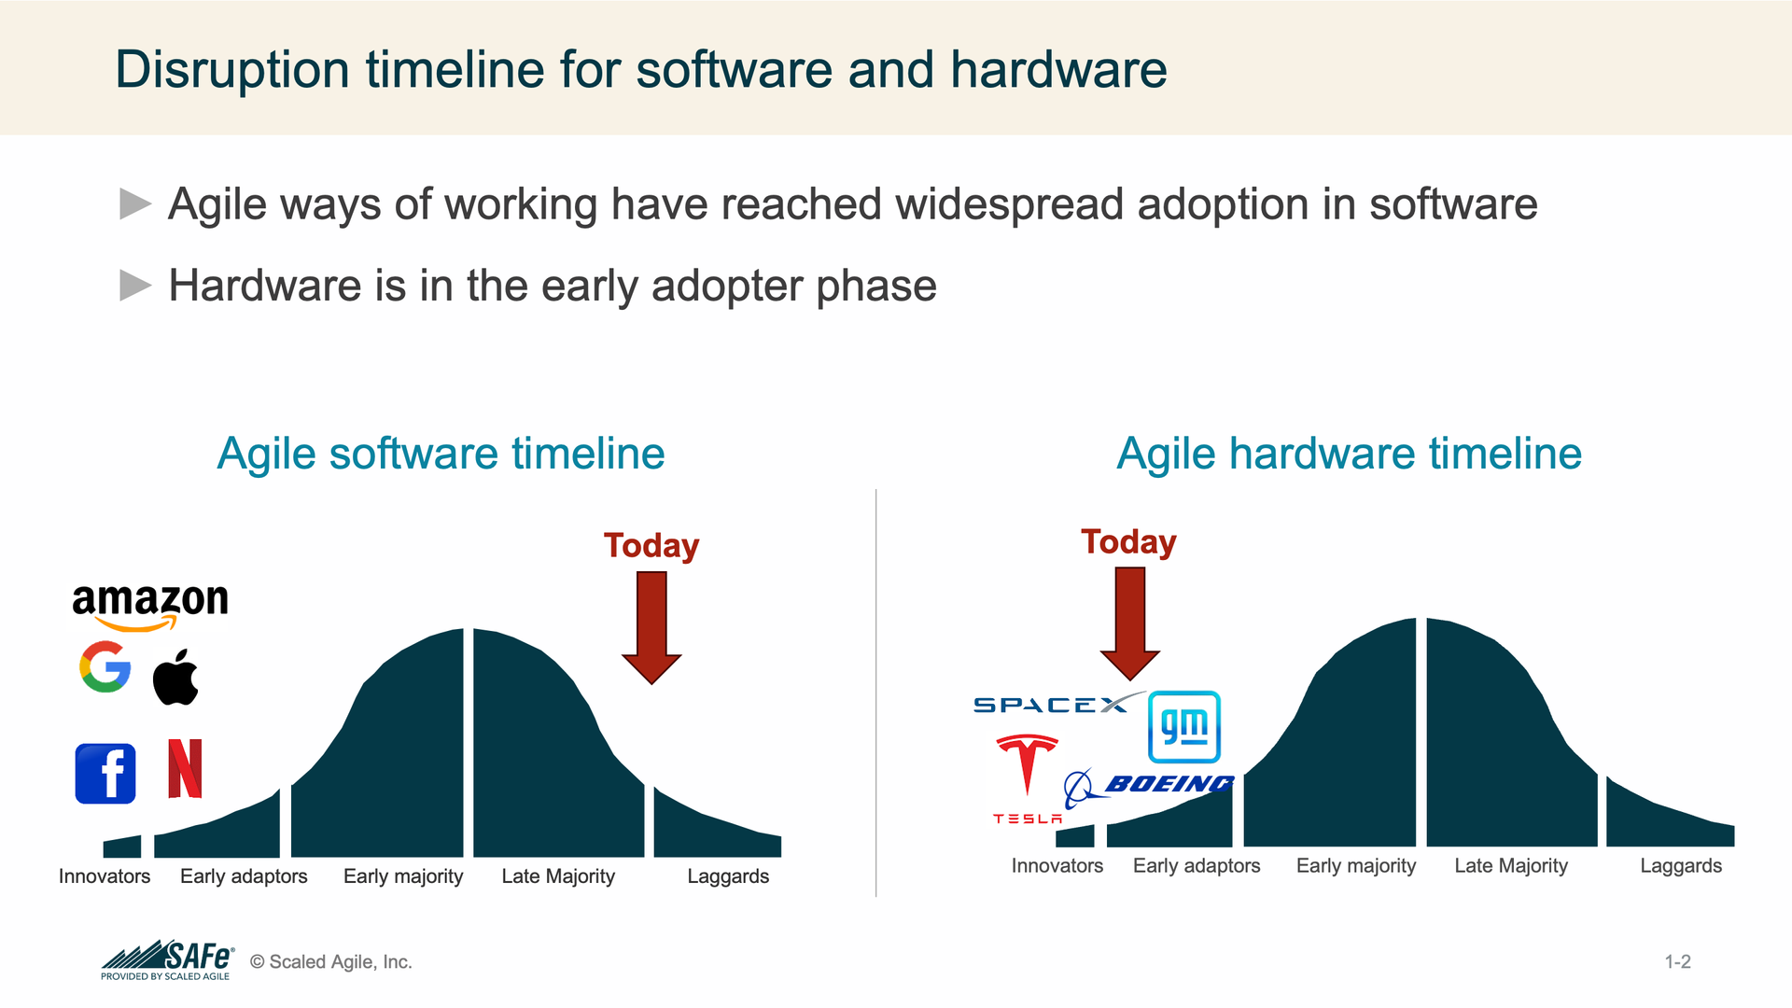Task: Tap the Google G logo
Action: tap(105, 666)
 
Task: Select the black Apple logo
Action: tap(175, 676)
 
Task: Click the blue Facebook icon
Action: tap(105, 774)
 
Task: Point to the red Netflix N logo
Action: tap(185, 768)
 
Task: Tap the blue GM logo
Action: tap(1183, 727)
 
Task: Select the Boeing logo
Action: tap(1149, 787)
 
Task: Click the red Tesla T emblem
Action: tap(1027, 765)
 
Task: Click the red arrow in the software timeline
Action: tap(651, 627)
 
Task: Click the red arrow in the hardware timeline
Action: tap(1130, 623)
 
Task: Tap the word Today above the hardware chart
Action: tap(1129, 542)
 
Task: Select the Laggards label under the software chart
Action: tap(728, 876)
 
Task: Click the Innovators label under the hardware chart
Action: tap(1057, 866)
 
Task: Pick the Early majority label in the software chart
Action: tap(403, 876)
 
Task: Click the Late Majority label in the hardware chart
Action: tap(1511, 866)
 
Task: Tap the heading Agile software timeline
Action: tap(441, 455)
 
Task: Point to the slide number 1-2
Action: tap(1678, 961)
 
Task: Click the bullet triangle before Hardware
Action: tap(135, 286)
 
